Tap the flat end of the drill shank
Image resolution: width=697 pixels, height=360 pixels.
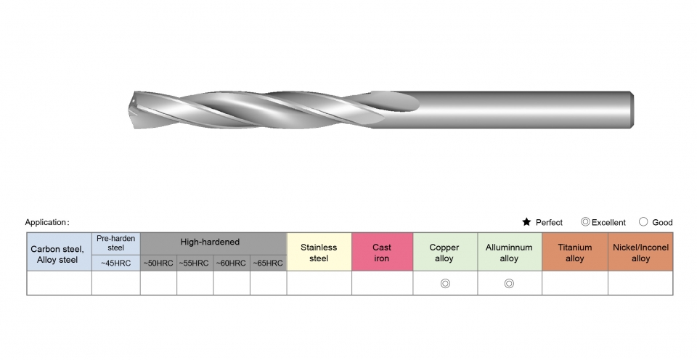[632, 110]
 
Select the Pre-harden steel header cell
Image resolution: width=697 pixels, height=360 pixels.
[116, 244]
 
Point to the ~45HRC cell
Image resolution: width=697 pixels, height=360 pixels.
[116, 263]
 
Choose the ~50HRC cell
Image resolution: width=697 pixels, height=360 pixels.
[158, 263]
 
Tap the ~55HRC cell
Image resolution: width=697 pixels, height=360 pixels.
[195, 263]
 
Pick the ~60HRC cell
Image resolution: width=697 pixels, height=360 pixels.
[231, 263]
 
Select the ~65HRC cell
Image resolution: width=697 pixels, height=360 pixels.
[268, 263]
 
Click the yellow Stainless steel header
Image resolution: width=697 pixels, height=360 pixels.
[319, 252]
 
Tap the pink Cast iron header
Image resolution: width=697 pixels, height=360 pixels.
[383, 252]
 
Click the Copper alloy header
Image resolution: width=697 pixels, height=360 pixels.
[445, 252]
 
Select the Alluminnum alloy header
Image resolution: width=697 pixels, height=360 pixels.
[510, 252]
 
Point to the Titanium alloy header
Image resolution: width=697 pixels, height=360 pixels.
[575, 252]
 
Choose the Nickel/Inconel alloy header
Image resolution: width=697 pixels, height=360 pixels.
[640, 252]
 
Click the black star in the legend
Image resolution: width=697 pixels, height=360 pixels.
[526, 222]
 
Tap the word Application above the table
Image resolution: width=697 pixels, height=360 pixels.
[46, 222]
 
